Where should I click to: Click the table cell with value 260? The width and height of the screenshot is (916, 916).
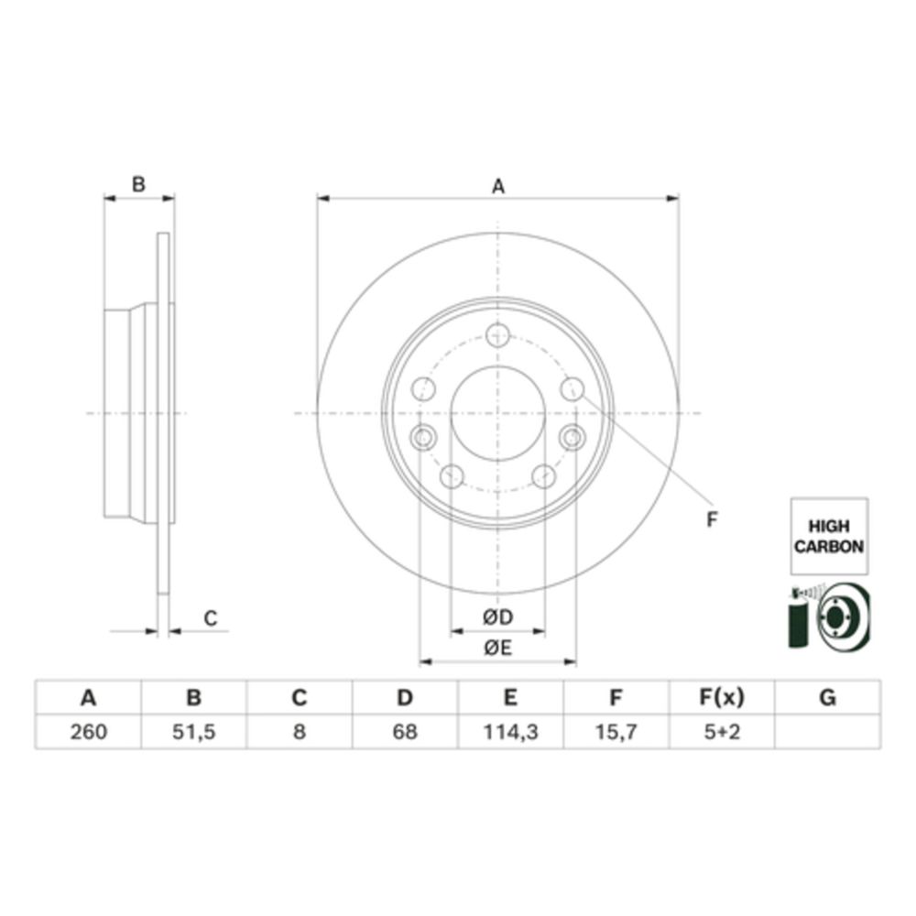88,732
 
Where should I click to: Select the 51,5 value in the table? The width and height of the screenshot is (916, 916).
194,732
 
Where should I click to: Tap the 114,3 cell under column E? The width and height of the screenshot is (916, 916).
510,732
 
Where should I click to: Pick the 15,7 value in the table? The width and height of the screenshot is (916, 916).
616,732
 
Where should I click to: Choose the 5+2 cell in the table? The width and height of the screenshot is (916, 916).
722,732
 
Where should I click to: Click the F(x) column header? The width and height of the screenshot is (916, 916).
722,697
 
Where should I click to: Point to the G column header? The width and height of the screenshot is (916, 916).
828,697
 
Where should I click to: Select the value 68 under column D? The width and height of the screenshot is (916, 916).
405,732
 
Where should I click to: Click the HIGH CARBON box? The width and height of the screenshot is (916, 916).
829,536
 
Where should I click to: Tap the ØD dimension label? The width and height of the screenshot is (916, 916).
497,616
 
